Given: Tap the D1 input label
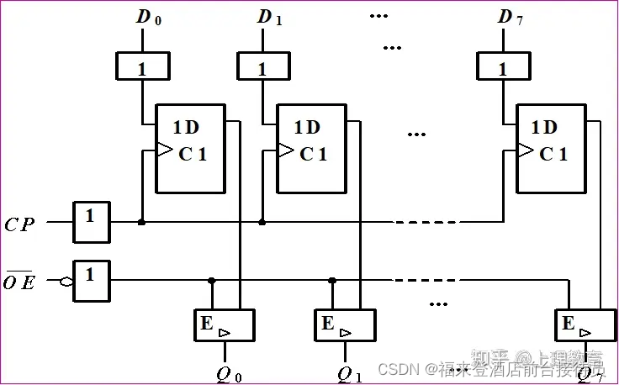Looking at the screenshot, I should point(269,18).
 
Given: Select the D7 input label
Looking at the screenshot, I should point(510,18).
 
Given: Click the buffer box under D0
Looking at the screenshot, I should point(141,68).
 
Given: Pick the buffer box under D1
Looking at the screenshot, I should point(262,68).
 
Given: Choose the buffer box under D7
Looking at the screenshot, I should point(503,68).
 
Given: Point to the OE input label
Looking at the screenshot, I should point(19,282).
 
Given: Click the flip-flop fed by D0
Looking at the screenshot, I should point(190,148).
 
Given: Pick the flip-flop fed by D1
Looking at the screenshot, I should point(311,148).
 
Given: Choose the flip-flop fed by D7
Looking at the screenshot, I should point(551,148).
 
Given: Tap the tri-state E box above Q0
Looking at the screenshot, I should point(223,325).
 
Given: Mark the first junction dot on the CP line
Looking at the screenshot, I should point(141,223).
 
